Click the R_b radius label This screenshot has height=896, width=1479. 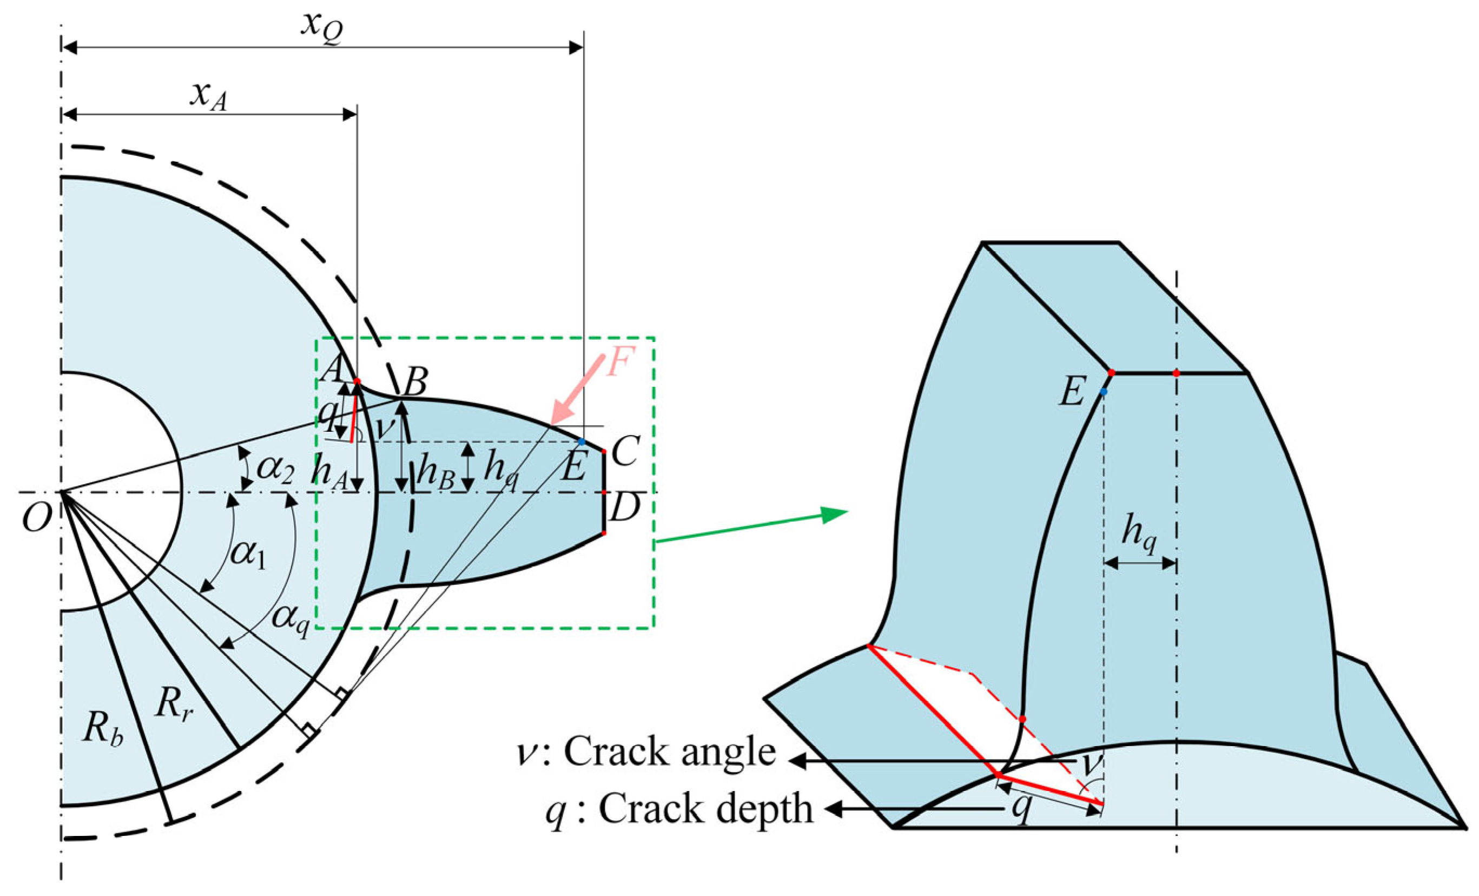click(x=103, y=730)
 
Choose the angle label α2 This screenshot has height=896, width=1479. click(x=275, y=470)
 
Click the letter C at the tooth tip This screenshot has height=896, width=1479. click(x=626, y=452)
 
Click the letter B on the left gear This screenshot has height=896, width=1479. click(x=415, y=380)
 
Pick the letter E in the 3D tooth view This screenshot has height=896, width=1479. click(x=1072, y=394)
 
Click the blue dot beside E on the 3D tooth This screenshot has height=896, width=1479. click(x=1103, y=392)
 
